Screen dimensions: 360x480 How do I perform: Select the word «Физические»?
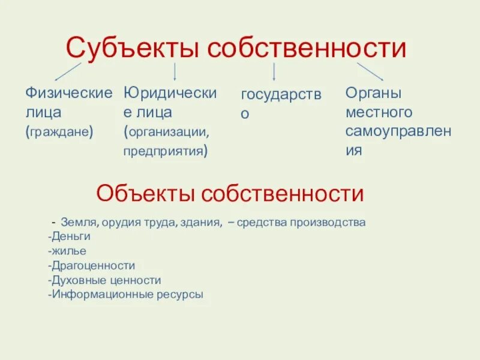coord(68,93)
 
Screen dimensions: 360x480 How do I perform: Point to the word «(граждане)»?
coord(59,131)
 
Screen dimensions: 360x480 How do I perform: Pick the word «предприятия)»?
coord(166,151)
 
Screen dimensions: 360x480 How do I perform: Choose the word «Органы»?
coord(373,93)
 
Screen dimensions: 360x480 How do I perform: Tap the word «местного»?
coord(379,112)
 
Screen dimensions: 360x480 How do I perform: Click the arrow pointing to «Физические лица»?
coord(68,71)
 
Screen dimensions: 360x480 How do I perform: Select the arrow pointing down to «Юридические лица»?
coord(175,71)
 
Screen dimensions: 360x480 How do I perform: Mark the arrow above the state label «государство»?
coord(274,71)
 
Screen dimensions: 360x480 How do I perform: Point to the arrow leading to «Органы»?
coord(370,71)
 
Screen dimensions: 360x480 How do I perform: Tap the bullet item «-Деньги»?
coord(68,236)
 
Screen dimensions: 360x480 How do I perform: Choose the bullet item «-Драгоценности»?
coord(91,265)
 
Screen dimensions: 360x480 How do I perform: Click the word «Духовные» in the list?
coord(77,280)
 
